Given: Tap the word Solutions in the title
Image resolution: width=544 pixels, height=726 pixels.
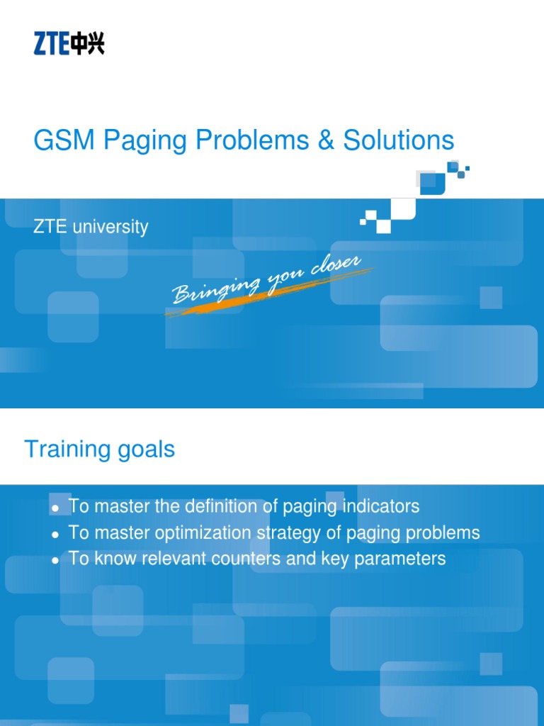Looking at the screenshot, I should (399, 140).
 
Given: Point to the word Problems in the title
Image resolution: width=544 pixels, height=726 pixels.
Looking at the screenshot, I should (253, 140).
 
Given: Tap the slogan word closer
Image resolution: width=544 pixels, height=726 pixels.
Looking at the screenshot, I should (336, 267).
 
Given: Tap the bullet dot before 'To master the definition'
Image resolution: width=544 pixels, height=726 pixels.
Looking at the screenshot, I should (55, 508).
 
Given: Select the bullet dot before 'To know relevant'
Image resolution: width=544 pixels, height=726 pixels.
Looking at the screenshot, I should (55, 560).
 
